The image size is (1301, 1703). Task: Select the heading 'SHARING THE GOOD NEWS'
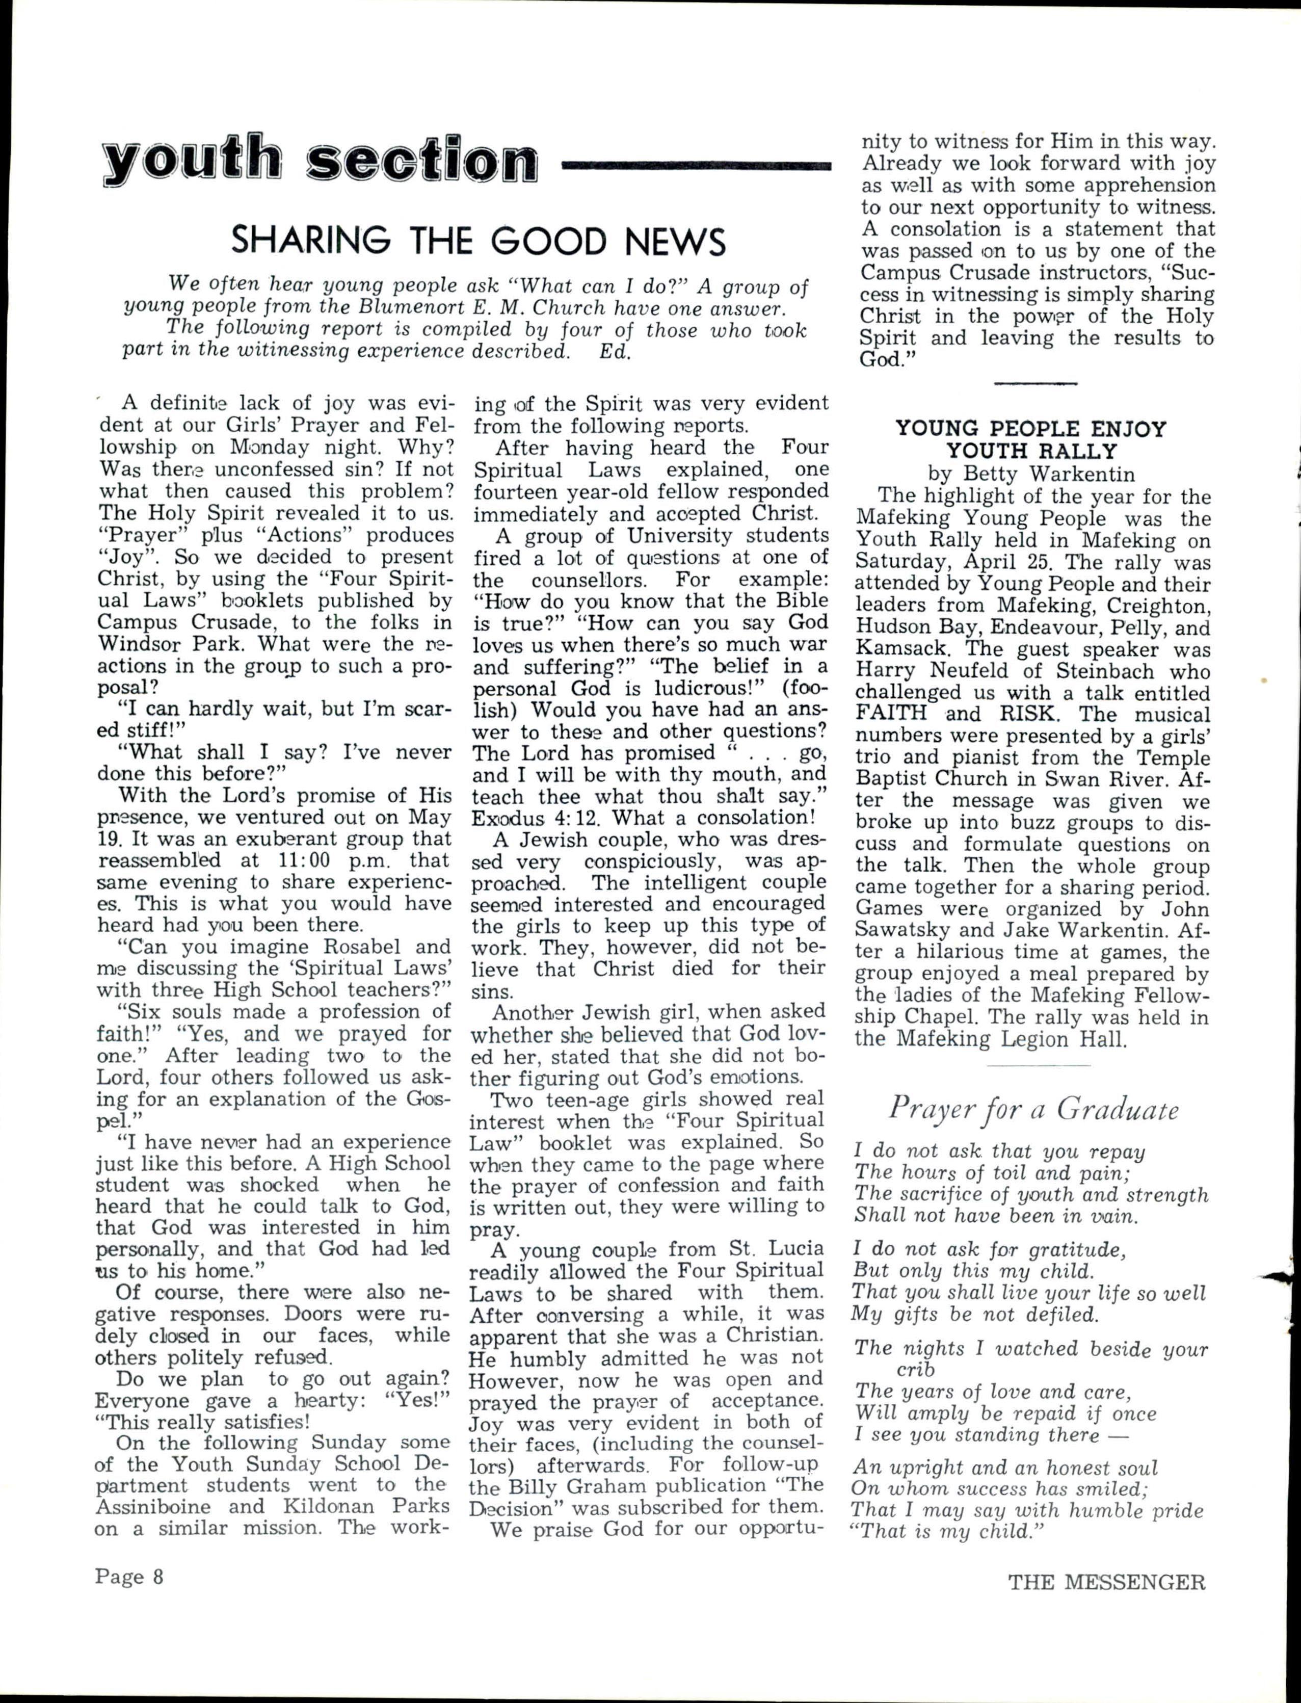[479, 241]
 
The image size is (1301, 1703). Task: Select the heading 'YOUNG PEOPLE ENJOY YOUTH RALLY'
[1031, 440]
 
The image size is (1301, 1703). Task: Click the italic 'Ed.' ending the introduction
[616, 350]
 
